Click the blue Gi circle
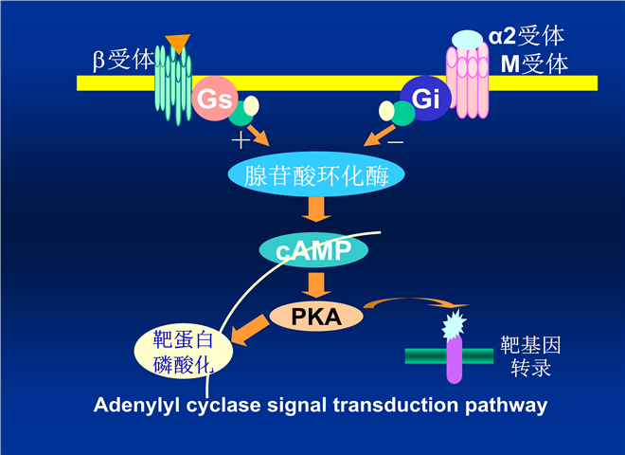pyautogui.click(x=425, y=98)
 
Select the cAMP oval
pyautogui.click(x=313, y=250)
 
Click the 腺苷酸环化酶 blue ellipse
pyautogui.click(x=317, y=175)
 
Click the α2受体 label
pyautogui.click(x=527, y=37)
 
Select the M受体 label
pyautogui.click(x=535, y=64)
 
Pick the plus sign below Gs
pyautogui.click(x=241, y=141)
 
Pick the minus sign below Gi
pyautogui.click(x=395, y=140)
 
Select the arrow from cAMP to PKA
pyautogui.click(x=314, y=283)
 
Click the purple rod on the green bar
pyautogui.click(x=454, y=358)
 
